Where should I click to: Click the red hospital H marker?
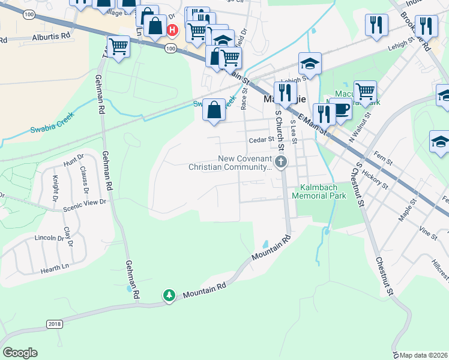[173, 29]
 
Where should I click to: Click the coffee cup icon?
[341, 109]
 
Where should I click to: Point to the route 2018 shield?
[54, 324]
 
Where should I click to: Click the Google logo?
[20, 353]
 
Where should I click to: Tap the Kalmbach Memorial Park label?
[319, 191]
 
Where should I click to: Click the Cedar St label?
[262, 140]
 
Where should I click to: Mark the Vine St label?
[429, 232]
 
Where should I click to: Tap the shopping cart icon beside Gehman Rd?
[118, 46]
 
